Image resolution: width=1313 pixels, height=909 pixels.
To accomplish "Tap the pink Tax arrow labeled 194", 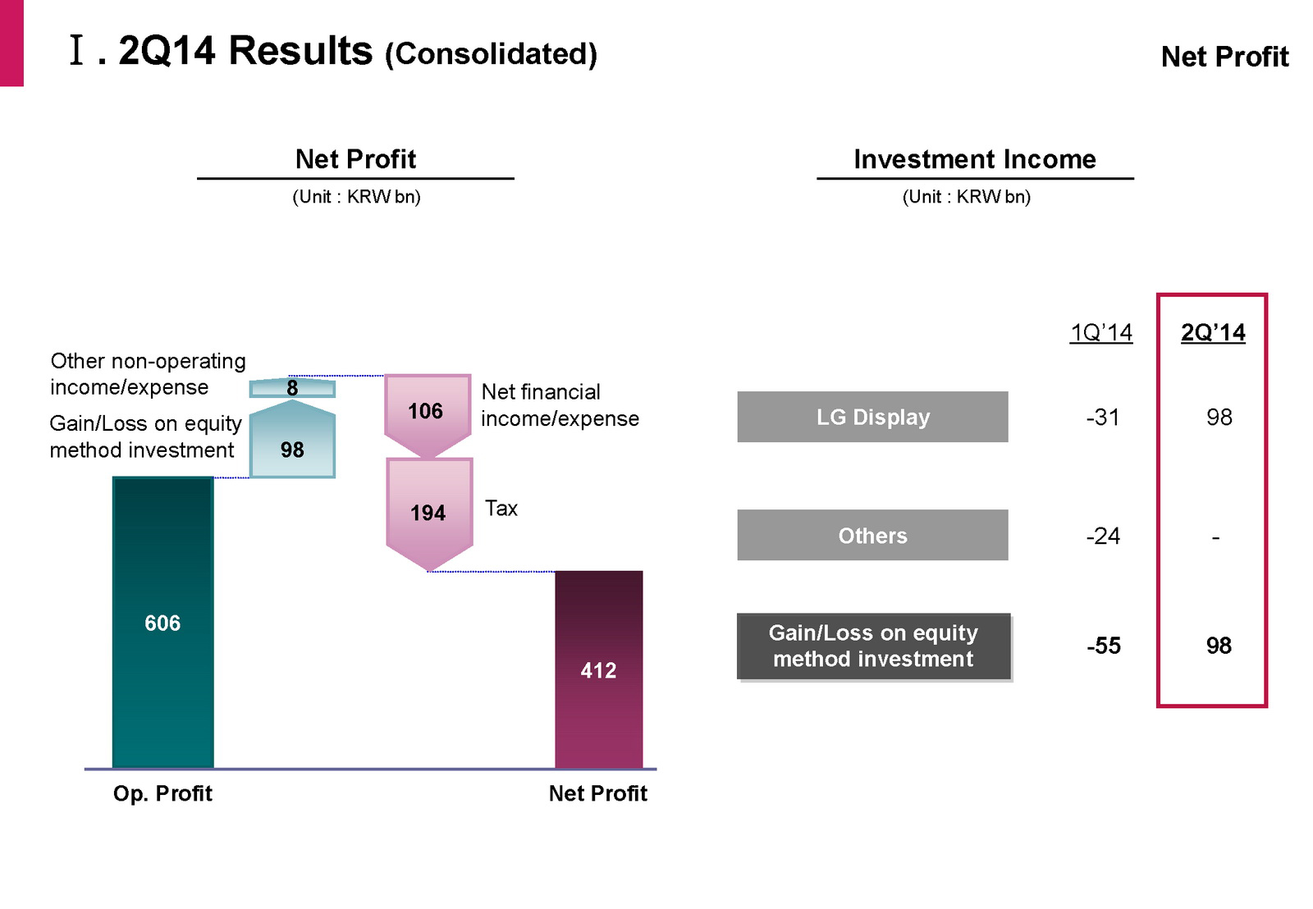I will (x=428, y=513).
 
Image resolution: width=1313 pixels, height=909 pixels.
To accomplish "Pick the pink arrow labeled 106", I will (x=427, y=412).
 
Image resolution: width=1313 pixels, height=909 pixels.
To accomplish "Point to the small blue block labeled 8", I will (x=292, y=388).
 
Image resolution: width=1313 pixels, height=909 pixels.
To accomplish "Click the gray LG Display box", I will (x=872, y=417).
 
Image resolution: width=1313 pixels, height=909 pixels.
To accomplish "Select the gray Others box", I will (x=872, y=535).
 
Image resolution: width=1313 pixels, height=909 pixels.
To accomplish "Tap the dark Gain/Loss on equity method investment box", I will (x=873, y=646).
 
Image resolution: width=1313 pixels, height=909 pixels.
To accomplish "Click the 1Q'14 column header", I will (x=1100, y=332).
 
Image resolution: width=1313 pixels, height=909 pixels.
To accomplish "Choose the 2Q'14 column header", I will (x=1213, y=332).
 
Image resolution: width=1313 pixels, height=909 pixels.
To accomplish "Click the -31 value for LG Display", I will (x=1103, y=418).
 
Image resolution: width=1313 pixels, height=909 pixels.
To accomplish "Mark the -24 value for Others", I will (x=1103, y=537).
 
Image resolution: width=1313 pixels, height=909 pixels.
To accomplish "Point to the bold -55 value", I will (x=1104, y=646).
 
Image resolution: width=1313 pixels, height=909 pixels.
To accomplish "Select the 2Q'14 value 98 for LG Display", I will (x=1219, y=418).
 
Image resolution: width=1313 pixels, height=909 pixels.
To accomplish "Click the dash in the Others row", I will (x=1215, y=538).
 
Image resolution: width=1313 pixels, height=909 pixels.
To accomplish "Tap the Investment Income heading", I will (x=975, y=159).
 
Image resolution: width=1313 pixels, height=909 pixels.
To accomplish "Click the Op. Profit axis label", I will (x=162, y=793).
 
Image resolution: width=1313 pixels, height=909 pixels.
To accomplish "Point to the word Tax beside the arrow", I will (x=501, y=509).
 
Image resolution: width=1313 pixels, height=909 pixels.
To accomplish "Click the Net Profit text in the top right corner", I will (x=1224, y=57).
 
